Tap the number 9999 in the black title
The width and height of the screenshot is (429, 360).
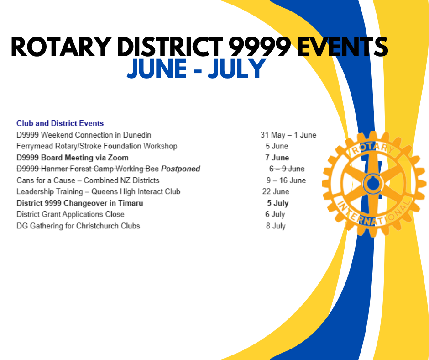259,47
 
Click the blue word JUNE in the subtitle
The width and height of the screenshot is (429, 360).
157,69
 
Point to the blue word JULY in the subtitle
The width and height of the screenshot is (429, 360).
237,69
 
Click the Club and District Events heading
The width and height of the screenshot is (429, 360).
60,123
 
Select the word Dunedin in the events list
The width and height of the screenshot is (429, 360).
137,135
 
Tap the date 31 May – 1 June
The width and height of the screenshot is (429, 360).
288,135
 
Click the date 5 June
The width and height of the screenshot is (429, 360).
277,146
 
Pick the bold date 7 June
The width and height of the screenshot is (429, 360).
277,158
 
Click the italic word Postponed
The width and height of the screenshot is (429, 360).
181,169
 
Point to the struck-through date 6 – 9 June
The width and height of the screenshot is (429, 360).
287,169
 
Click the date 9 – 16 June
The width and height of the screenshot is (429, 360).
286,180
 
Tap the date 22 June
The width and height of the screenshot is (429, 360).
276,191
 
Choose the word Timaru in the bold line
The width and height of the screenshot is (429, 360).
131,203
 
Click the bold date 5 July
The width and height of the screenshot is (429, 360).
277,203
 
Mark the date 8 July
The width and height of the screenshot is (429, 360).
276,226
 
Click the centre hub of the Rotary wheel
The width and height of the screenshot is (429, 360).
372,184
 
